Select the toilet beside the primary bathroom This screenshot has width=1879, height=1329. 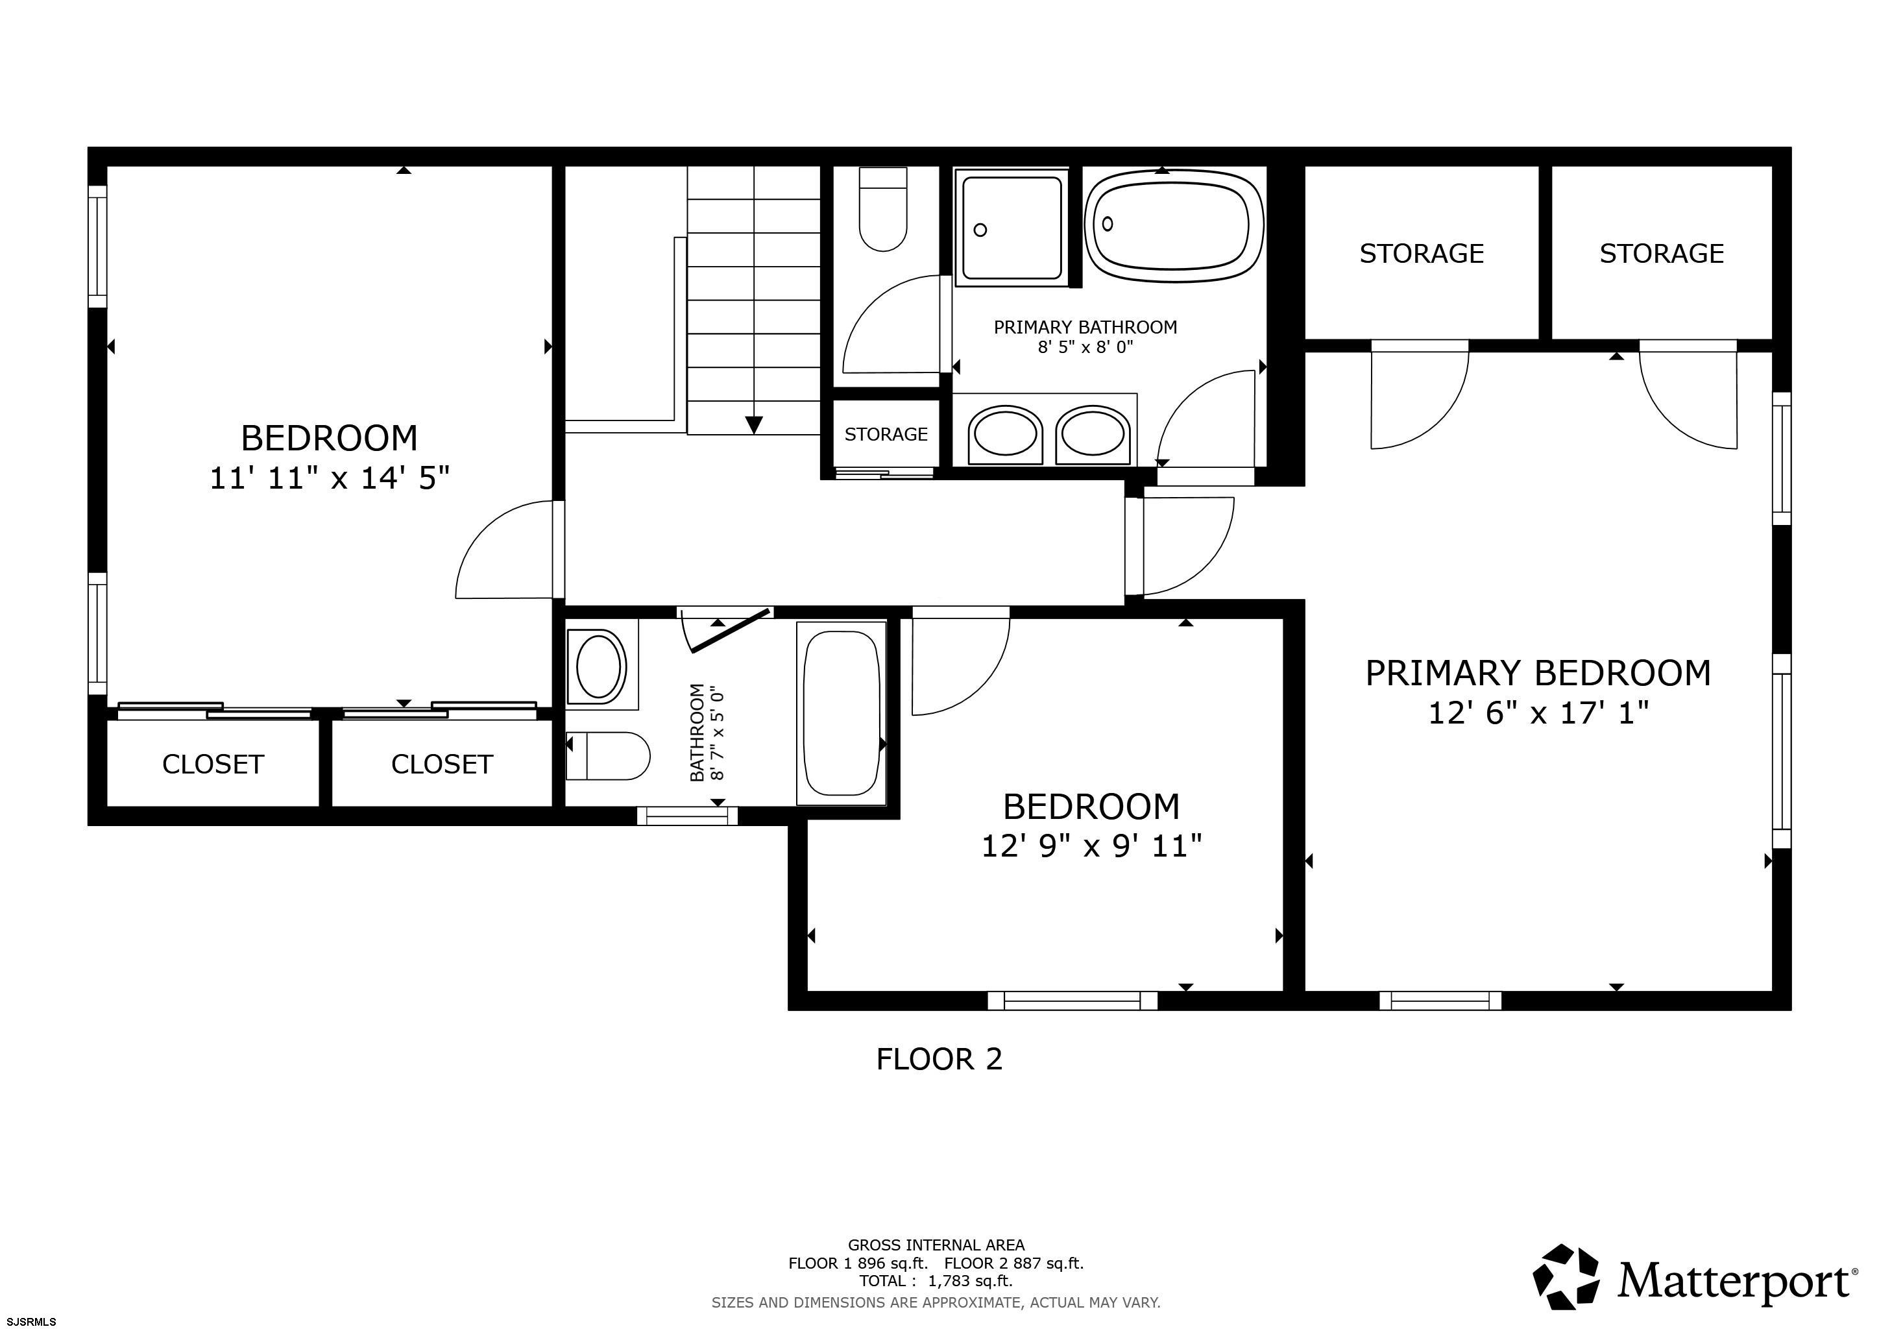point(883,210)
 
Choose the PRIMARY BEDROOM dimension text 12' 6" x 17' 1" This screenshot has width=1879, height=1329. point(1538,713)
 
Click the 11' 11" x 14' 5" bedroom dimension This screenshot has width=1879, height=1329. point(330,477)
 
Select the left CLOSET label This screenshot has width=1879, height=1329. point(213,764)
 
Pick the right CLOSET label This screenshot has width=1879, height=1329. point(442,764)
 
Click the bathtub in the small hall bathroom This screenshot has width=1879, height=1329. point(842,713)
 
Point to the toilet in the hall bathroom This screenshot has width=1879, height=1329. point(608,756)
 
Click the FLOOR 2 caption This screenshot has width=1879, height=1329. point(939,1059)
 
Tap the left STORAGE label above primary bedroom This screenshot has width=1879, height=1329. point(1422,254)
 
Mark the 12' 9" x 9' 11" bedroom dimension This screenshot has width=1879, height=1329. point(1092,846)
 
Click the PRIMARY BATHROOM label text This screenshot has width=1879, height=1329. point(1085,327)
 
